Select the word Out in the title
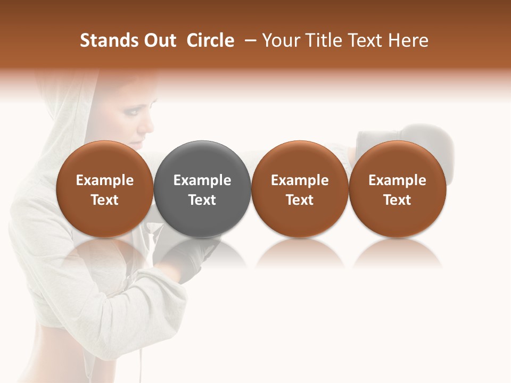tap(159, 40)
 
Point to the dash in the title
tap(248, 41)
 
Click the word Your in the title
tap(281, 40)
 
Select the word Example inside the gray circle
tap(202, 180)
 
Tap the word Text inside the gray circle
tap(202, 200)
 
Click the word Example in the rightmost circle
tap(397, 180)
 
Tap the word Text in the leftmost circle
tap(104, 200)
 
